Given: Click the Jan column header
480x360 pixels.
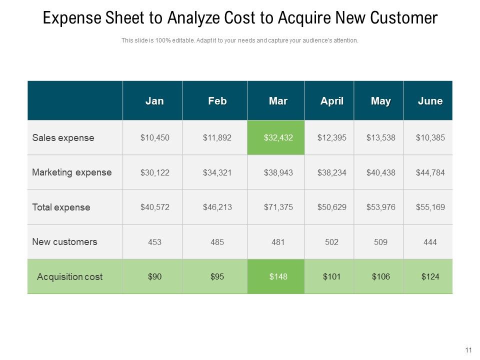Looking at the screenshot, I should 154,101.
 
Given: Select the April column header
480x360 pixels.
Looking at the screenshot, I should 332,101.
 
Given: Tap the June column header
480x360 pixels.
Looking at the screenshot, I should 430,101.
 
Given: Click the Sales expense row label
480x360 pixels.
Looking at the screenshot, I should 63,138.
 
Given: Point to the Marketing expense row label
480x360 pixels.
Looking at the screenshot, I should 71,172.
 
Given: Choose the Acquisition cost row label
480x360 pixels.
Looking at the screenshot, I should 69,276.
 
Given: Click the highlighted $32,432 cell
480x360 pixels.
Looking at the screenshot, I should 278,137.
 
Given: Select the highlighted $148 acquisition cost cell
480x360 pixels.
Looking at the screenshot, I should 278,276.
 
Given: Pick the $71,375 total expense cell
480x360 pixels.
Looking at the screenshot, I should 278,207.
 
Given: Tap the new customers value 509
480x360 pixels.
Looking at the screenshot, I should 380,242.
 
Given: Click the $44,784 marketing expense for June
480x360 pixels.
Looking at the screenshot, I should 430,172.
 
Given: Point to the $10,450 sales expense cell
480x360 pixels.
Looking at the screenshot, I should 154,137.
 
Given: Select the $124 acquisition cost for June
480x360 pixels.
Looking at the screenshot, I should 430,276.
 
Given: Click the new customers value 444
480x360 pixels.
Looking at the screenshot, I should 430,242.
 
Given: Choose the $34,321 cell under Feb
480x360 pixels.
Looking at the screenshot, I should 217,172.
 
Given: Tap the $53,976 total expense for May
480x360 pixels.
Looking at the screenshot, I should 380,207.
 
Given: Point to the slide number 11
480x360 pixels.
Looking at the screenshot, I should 468,350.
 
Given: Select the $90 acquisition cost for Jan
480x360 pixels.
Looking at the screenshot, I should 154,276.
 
